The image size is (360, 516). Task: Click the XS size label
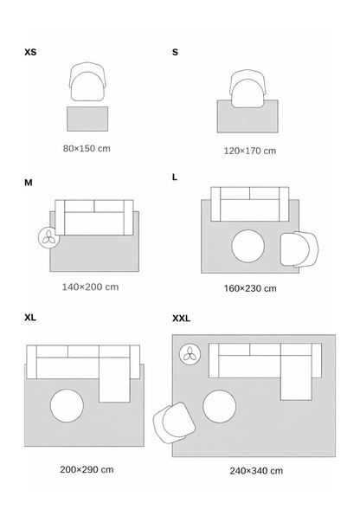30,52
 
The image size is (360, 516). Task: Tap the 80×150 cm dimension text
87,148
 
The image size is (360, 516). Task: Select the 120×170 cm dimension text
250,151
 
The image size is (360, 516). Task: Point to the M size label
29,183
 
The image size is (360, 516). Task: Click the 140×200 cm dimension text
90,287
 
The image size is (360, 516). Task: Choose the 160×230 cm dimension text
250,288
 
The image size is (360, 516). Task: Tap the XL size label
30,318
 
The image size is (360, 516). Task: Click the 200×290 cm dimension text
87,469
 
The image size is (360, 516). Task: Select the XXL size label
182,319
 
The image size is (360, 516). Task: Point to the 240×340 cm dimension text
256,471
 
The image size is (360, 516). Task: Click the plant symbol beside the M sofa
49,237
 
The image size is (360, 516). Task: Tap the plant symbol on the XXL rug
190,354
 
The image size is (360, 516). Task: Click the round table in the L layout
247,246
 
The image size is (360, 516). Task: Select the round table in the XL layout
67,405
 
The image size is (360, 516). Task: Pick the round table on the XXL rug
220,406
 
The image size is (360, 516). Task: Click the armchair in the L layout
299,249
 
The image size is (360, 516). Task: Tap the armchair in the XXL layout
174,422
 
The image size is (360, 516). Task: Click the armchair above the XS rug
87,81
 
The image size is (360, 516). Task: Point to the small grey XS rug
87,119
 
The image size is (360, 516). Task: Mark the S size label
175,52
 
